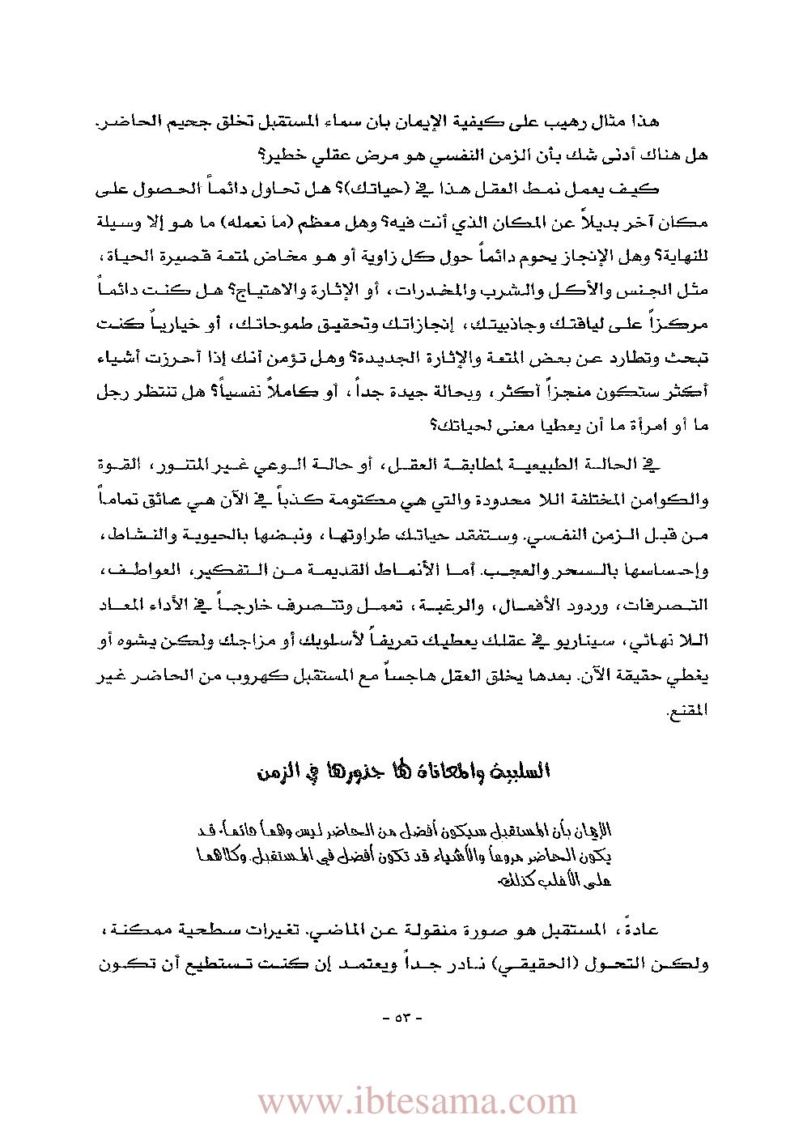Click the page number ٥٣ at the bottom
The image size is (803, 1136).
(x=402, y=1017)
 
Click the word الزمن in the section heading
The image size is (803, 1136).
(x=276, y=771)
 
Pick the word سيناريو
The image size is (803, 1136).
(x=572, y=640)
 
